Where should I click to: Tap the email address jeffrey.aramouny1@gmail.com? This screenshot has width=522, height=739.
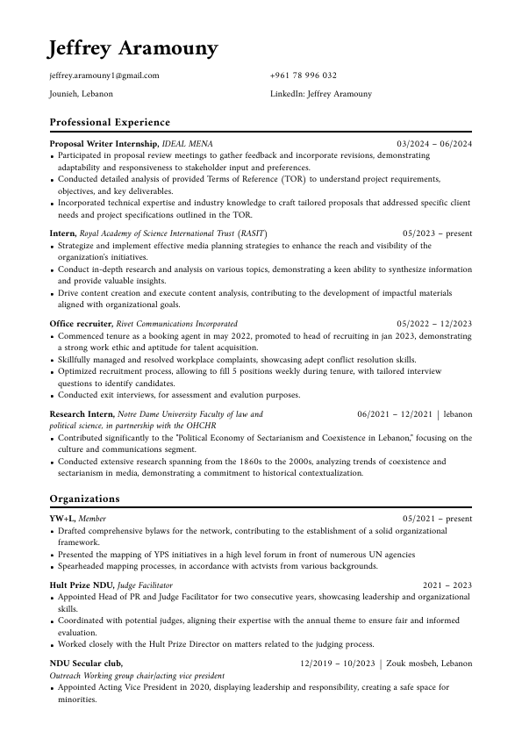click(x=104, y=75)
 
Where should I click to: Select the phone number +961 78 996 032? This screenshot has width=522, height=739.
click(x=304, y=75)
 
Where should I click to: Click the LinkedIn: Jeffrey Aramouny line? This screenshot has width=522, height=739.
click(x=321, y=94)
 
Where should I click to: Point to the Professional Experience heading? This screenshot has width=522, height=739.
click(x=110, y=122)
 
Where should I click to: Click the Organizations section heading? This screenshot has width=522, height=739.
click(x=85, y=499)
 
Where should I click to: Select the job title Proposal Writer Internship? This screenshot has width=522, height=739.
click(x=104, y=143)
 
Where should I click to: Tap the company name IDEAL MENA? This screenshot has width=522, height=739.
click(x=188, y=143)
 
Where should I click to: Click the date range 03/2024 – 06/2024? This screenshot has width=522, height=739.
click(x=434, y=143)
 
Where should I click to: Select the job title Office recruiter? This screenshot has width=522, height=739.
click(x=81, y=324)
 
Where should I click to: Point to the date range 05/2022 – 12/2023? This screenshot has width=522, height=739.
click(x=434, y=324)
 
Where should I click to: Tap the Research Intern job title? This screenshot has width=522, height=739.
click(x=82, y=414)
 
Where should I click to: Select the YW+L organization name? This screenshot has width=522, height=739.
click(x=62, y=519)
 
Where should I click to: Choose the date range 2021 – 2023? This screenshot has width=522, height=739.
click(x=447, y=585)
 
